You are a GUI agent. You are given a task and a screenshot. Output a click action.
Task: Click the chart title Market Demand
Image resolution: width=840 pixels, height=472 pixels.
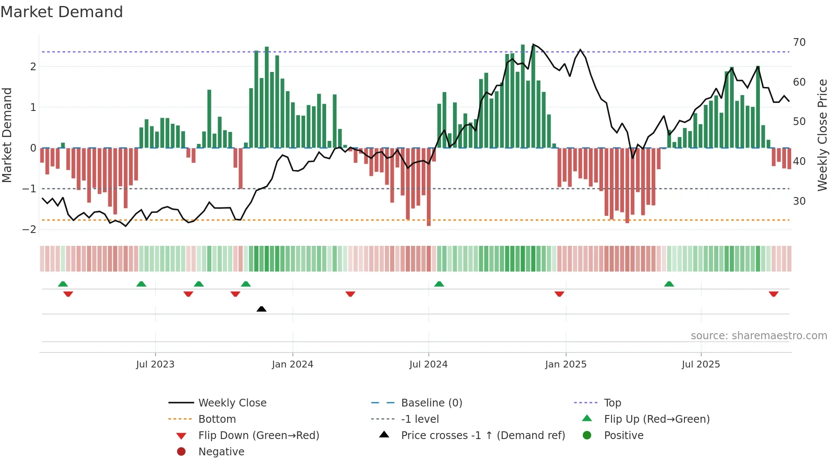(62, 12)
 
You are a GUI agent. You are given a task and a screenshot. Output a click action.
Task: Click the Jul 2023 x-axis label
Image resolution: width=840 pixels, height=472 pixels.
(155, 364)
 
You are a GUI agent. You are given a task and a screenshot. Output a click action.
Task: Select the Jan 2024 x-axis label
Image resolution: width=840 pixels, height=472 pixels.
(293, 364)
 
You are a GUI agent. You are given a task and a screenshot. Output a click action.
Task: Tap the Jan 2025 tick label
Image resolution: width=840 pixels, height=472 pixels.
(566, 364)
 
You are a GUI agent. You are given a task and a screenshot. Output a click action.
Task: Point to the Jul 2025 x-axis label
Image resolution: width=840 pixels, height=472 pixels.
(701, 364)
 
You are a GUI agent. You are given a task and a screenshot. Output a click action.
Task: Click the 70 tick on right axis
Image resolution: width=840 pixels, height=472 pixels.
(799, 42)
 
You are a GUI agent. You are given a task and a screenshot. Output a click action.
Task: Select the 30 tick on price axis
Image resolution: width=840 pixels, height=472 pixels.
(799, 201)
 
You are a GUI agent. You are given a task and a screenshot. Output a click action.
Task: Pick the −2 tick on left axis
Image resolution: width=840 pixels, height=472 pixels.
(30, 230)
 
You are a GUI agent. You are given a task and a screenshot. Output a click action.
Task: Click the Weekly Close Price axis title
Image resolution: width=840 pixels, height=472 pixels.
(822, 135)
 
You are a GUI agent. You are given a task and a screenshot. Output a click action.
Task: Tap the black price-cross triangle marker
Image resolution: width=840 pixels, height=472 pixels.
(261, 309)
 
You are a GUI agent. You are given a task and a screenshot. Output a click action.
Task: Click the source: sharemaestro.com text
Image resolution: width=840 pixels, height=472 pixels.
(759, 336)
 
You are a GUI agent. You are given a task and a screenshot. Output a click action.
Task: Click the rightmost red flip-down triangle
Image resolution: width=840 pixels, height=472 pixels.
(774, 294)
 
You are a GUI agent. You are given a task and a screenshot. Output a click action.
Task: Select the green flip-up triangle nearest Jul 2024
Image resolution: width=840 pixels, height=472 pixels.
(439, 284)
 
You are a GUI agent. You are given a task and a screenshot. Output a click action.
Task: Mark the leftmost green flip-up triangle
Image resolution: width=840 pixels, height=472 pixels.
(63, 284)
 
